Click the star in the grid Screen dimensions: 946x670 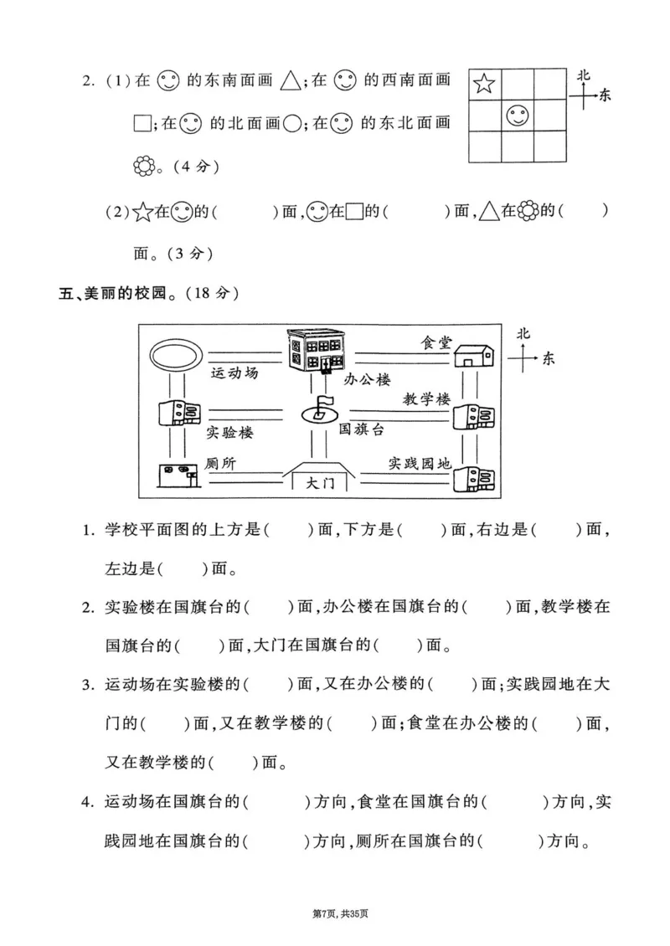[x=483, y=84]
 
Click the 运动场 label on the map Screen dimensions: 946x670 [x=234, y=373]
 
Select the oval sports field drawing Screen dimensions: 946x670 [x=175, y=354]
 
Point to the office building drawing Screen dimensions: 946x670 [x=316, y=352]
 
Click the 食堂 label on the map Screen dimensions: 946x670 [x=435, y=342]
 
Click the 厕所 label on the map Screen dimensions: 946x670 [x=223, y=463]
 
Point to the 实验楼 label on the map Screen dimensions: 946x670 [x=229, y=433]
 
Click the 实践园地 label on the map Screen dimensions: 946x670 [x=420, y=462]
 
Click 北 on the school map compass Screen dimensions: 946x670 [x=523, y=333]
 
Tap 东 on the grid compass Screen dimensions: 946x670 [x=605, y=95]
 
